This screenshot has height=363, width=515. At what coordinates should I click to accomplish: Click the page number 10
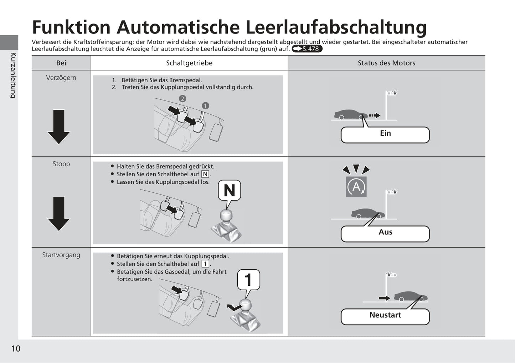point(16,348)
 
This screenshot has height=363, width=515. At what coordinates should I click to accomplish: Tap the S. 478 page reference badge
point(307,49)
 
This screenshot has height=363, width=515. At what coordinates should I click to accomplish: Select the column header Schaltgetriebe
point(189,63)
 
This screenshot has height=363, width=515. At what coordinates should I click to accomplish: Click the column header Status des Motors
point(386,63)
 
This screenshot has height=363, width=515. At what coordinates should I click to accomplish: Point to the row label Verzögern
point(61,78)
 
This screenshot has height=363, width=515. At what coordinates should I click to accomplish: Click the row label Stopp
point(61,164)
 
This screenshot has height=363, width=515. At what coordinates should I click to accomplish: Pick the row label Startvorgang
point(61,255)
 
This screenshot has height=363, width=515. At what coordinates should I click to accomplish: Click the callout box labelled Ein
point(385,135)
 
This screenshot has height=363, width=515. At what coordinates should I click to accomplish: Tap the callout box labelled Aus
point(385,234)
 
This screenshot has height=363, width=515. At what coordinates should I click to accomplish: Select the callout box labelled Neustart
point(385,316)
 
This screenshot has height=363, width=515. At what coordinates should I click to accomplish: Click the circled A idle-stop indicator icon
point(356,187)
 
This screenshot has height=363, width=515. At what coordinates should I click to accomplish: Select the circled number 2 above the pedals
point(182,99)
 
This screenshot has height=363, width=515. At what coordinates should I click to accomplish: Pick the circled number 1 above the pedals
point(205,105)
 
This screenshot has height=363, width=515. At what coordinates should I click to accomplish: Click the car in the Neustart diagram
point(410,296)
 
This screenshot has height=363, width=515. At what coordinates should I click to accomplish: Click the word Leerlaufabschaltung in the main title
point(336,27)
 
